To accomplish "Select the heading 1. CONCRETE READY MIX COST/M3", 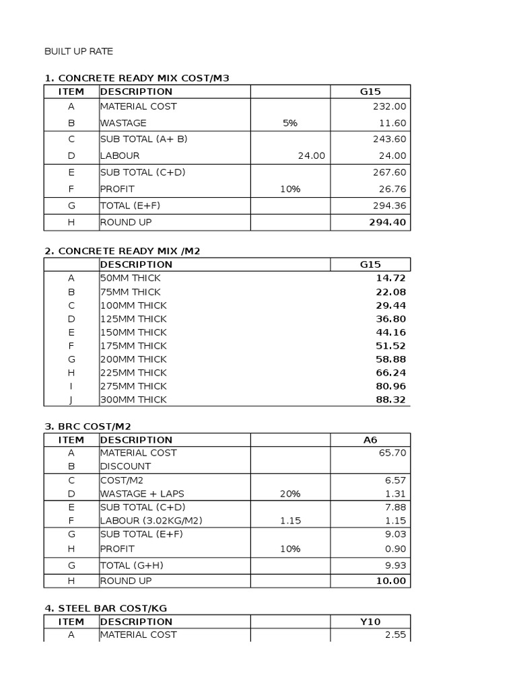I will click(137, 78).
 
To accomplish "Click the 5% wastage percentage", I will click(290, 123).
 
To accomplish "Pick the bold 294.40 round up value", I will click(387, 223).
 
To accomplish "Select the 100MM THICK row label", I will click(133, 305).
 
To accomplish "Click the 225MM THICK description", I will click(133, 373).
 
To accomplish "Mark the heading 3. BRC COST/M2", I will click(88, 426).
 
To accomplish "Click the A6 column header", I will click(370, 440).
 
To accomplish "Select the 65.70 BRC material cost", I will click(392, 453).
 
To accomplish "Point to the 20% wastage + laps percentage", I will click(290, 494).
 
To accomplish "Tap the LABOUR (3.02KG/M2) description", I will click(151, 521).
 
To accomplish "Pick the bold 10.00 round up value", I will click(390, 581).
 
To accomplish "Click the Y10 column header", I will click(370, 622).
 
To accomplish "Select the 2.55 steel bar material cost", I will click(394, 634).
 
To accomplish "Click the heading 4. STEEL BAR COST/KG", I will click(106, 608).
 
